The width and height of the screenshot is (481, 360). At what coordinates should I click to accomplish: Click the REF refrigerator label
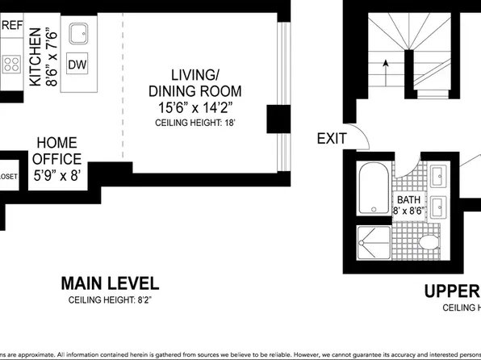point(13,25)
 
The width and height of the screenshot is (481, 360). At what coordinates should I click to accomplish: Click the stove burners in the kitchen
point(10,64)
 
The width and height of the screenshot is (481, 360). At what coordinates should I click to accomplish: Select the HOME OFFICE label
point(56,150)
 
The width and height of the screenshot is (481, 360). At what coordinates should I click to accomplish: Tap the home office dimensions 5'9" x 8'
point(56,173)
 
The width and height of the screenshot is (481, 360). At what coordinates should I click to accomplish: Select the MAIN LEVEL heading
point(111,283)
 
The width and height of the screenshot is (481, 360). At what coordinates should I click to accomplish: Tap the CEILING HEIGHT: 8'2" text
point(111,300)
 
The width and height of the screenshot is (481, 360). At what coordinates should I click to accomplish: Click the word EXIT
point(331,139)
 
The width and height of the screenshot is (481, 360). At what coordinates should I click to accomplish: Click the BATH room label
point(408,199)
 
